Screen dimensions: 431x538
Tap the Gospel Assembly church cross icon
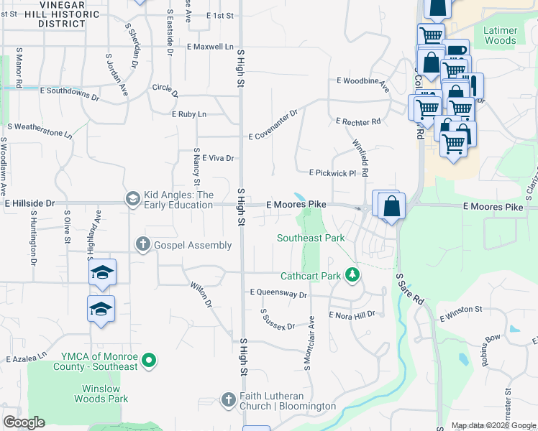pos(143,245)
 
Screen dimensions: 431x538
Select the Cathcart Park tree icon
pos(352,274)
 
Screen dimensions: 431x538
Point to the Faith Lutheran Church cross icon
pos(228,399)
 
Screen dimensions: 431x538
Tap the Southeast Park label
pos(311,238)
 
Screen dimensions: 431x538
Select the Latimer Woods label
pos(500,36)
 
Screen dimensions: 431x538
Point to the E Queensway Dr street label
pos(278,294)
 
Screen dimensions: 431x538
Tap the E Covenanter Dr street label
pos(273,125)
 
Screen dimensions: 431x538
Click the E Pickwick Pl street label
pos(332,173)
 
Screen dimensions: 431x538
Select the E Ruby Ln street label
pos(189,114)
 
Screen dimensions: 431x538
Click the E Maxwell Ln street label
pos(210,47)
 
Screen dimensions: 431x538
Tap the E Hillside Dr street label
pos(29,204)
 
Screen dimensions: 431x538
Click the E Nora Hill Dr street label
pos(352,315)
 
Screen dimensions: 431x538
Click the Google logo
pos(24,422)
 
